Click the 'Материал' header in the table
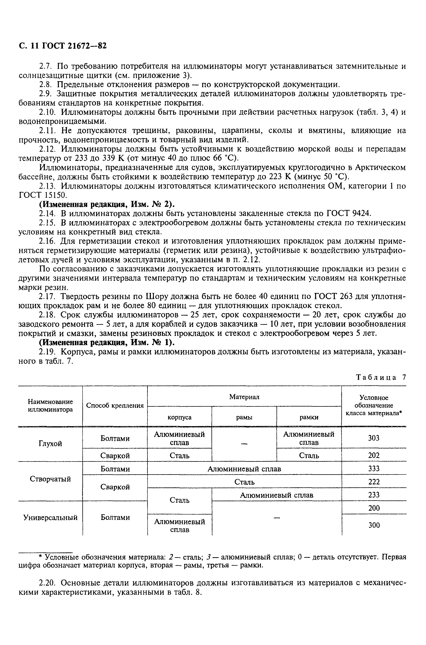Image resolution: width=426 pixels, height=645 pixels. click(244, 397)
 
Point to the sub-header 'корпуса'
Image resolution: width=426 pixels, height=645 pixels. click(179, 417)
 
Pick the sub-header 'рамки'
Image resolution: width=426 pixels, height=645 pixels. click(309, 417)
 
